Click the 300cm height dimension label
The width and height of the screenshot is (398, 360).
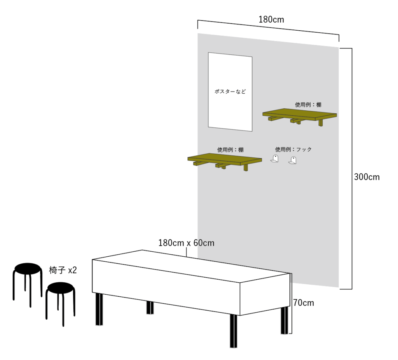coord(367,177)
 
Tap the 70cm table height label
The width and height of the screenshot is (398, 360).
coord(304,303)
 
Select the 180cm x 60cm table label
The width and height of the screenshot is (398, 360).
coord(186,243)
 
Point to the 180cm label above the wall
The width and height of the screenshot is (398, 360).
coord(271,19)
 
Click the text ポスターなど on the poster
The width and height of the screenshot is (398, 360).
coord(230,91)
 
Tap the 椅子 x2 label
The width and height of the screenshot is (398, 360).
coord(63,270)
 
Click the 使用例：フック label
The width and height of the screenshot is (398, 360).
coord(293,150)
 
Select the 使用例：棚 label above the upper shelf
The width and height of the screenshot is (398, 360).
coord(308,104)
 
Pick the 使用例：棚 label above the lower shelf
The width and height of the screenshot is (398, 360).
coord(230,150)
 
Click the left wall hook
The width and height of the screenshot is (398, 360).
coord(275,159)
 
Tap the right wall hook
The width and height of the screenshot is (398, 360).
coord(293,161)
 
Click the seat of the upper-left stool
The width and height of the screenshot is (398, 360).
coord(28,268)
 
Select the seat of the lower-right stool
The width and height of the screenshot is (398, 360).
coord(61,288)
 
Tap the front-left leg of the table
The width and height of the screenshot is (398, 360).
coord(99,309)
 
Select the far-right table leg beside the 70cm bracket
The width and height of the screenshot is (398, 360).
coord(285,320)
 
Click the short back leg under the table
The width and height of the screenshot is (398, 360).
coord(150,308)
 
